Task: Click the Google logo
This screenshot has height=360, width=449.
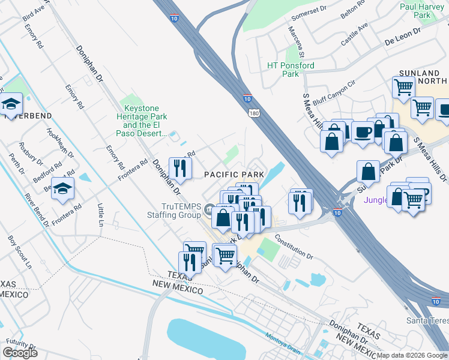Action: click(20, 353)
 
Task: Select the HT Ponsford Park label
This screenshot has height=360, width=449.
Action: click(291, 70)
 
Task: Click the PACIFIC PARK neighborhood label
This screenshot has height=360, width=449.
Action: click(234, 175)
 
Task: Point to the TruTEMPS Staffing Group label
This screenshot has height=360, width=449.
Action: click(173, 211)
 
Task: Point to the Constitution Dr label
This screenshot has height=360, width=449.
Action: click(294, 247)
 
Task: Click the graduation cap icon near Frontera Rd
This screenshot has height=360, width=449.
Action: click(63, 190)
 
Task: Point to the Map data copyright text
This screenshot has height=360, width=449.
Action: click(412, 355)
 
